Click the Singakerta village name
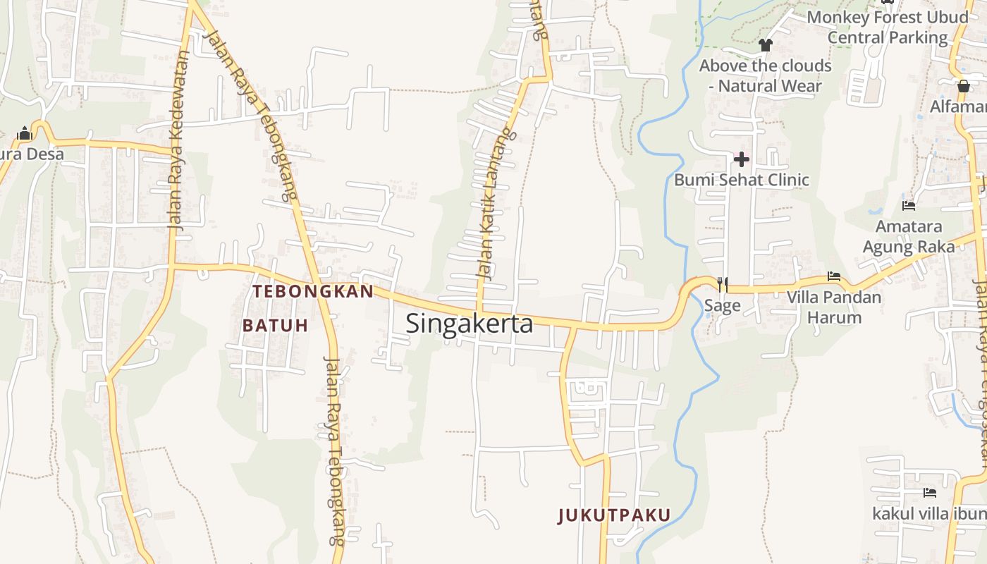[x=469, y=324]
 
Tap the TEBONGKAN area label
[x=313, y=291]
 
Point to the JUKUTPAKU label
[x=614, y=515]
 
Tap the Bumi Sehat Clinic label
[x=741, y=180]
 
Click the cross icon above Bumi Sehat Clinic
[x=741, y=159]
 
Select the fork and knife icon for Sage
[x=723, y=284]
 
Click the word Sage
[x=723, y=305]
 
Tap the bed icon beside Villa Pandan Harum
[x=834, y=276]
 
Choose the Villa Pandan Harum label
[x=834, y=307]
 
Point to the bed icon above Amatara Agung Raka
[x=909, y=206]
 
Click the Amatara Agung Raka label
[x=909, y=237]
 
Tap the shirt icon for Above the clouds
[x=766, y=46]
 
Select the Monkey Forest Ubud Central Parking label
[x=888, y=27]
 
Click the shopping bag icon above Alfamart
[x=964, y=86]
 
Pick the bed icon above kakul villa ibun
[x=930, y=492]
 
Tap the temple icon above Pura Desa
[x=25, y=133]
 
